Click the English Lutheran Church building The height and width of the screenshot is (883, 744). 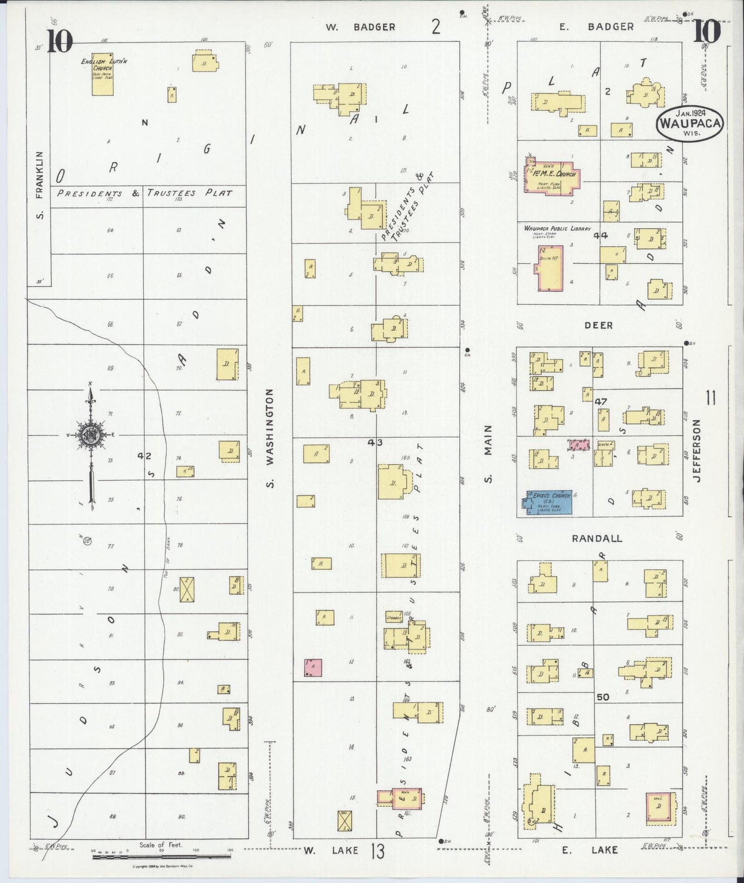point(102,75)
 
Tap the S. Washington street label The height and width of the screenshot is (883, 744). point(271,438)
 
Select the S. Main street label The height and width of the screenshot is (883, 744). point(489,454)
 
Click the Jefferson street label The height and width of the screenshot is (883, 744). point(697,451)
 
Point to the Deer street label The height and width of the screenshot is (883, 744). point(598,325)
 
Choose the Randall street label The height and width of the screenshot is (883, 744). point(597,538)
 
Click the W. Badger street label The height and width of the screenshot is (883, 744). point(360,27)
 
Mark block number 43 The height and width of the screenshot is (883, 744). point(375,441)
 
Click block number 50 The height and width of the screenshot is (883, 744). point(602,697)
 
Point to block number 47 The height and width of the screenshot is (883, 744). point(600,401)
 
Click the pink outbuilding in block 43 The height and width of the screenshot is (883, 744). point(313,667)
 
